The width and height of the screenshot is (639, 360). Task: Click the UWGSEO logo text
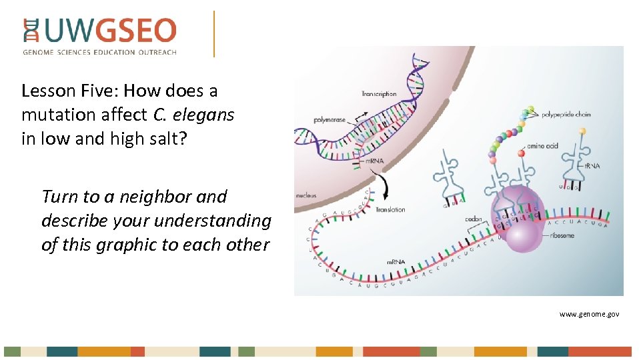110,31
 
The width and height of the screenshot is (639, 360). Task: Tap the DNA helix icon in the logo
31,31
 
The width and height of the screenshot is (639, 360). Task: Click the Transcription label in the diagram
378,94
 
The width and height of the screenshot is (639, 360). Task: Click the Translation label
390,209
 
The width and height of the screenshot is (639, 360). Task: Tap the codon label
474,219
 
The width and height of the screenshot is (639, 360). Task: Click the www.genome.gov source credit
589,313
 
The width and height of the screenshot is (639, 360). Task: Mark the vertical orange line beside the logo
214,33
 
